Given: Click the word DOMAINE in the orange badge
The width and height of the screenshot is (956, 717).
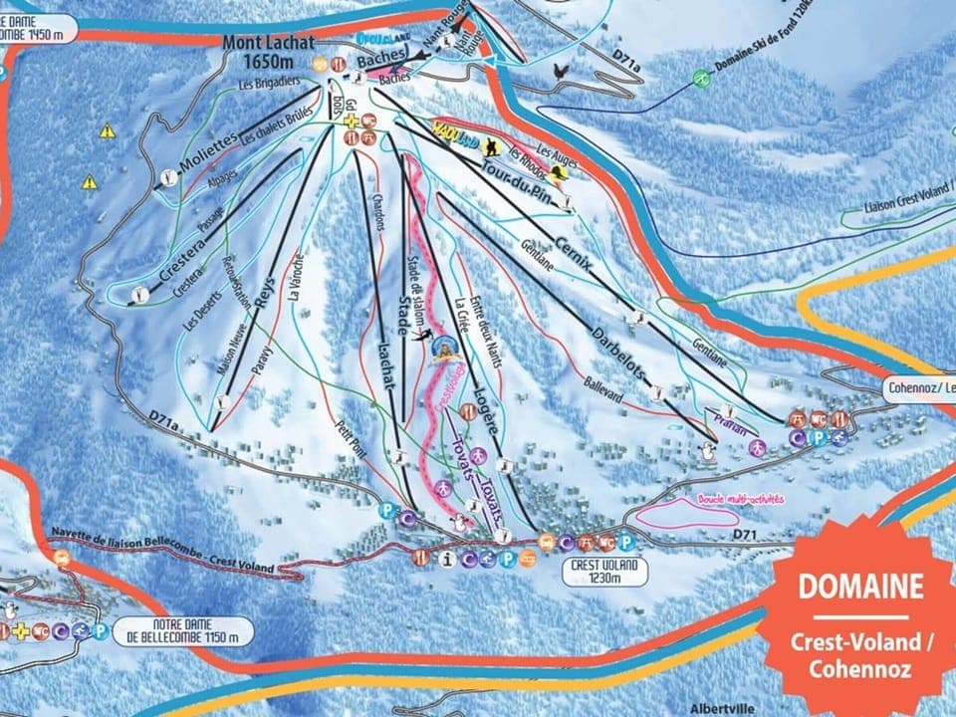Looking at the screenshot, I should (x=860, y=587).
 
